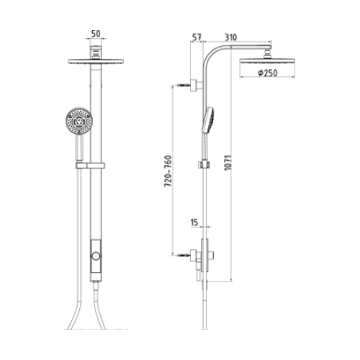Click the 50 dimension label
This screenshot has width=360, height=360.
pyautogui.click(x=96, y=34)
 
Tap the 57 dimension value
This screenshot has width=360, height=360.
pyautogui.click(x=197, y=37)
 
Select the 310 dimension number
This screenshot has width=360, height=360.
pyautogui.click(x=230, y=37)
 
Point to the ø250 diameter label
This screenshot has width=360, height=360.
pyautogui.click(x=268, y=73)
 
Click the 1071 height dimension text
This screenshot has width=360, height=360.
pyautogui.click(x=228, y=163)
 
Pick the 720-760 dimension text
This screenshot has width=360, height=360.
pyautogui.click(x=168, y=171)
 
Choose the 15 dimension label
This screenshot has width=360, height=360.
pyautogui.click(x=194, y=222)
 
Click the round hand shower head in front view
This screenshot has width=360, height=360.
pyautogui.click(x=79, y=121)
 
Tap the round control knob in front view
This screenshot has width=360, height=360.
pyautogui.click(x=96, y=256)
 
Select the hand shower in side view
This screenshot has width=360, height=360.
pyautogui.click(x=208, y=120)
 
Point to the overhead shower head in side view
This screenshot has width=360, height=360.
pyautogui.click(x=267, y=60)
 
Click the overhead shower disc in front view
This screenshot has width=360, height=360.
pyautogui.click(x=96, y=61)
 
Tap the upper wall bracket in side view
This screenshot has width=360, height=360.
pyautogui.click(x=197, y=85)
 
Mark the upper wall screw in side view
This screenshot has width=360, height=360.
pyautogui.click(x=184, y=85)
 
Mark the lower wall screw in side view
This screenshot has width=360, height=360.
pyautogui.click(x=184, y=256)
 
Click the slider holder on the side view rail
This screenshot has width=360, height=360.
pyautogui.click(x=204, y=165)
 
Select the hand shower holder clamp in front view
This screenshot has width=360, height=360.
pyautogui.click(x=91, y=166)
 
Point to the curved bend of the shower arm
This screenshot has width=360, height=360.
pyautogui.click(x=210, y=54)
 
